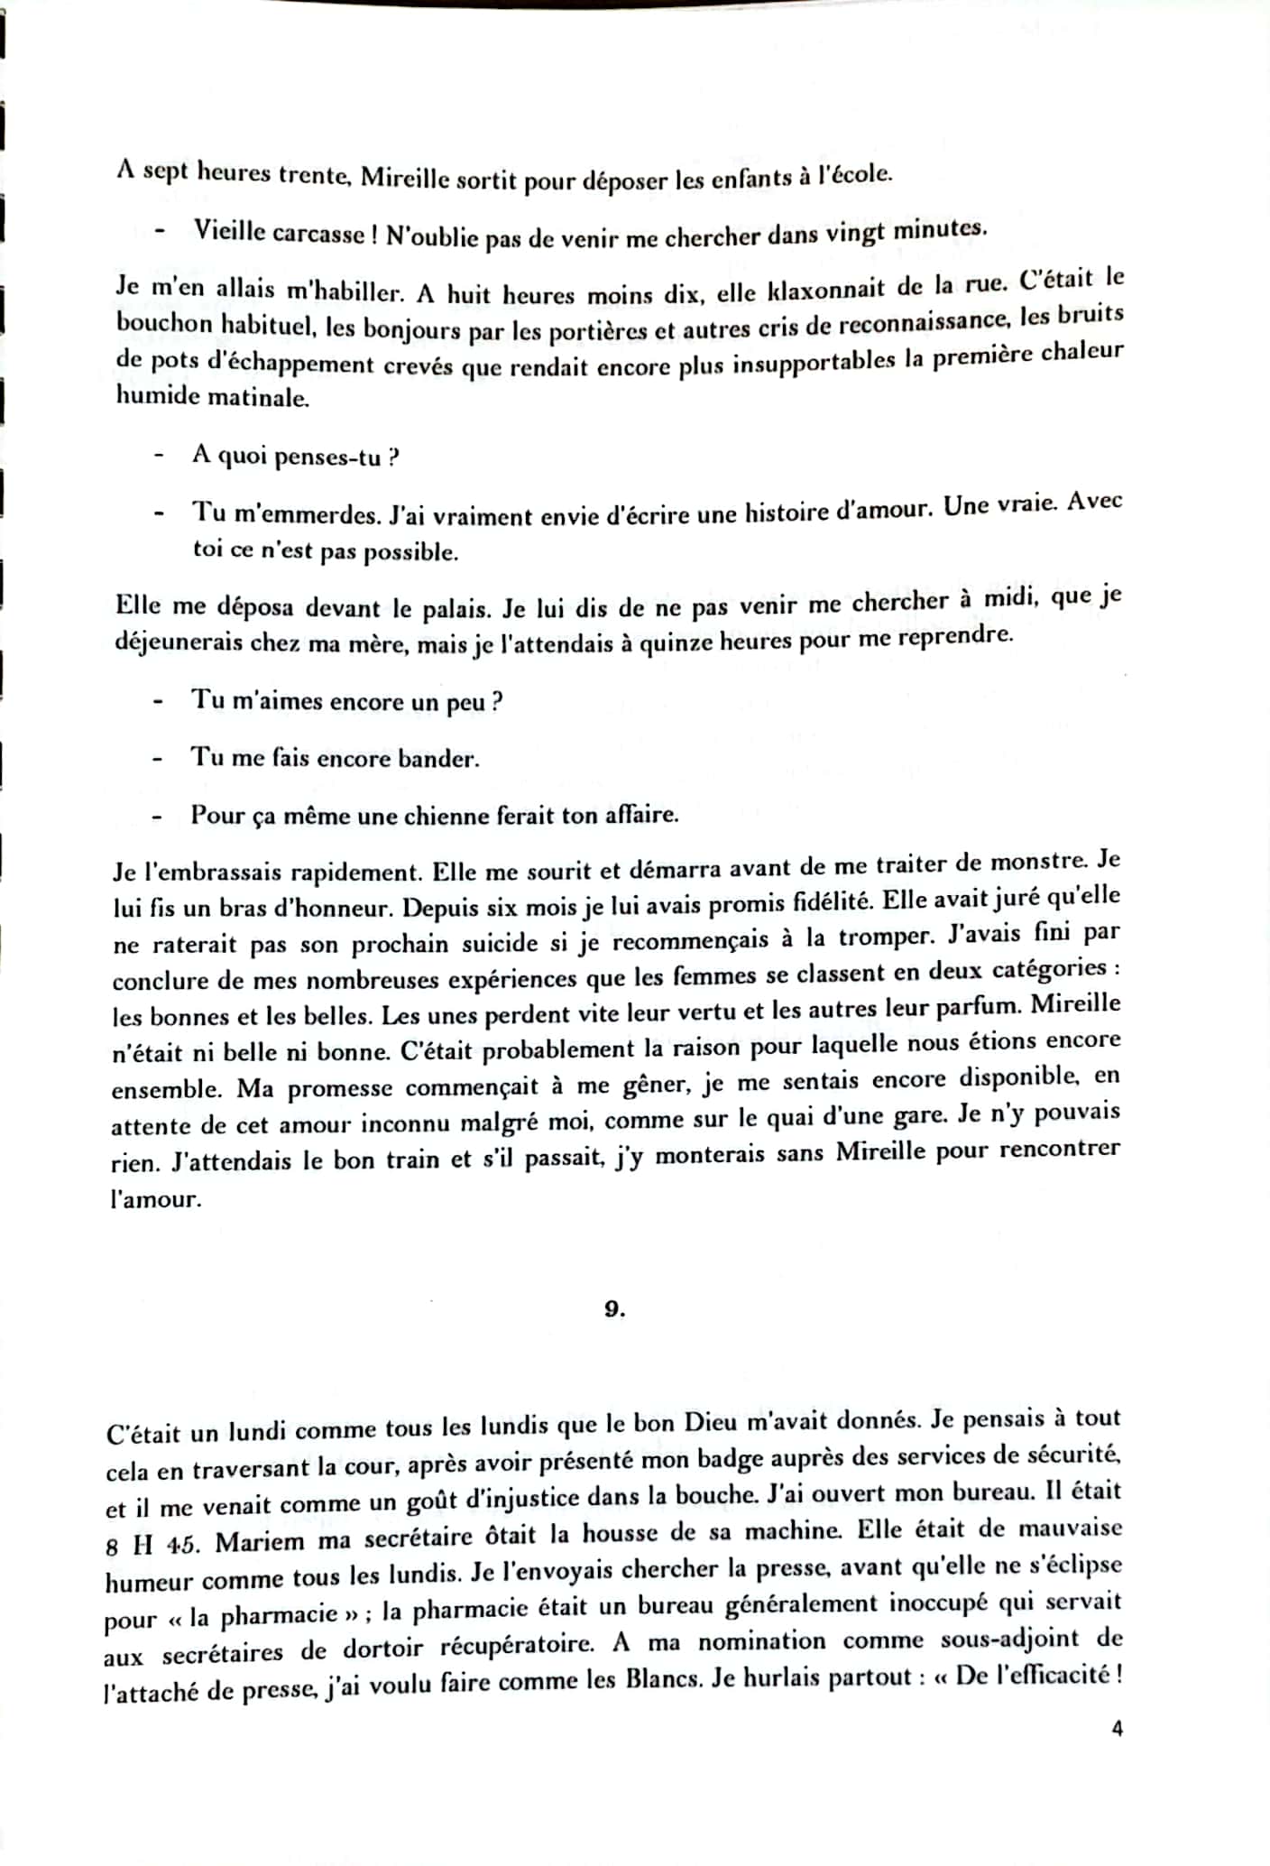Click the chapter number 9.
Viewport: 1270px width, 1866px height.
(614, 1309)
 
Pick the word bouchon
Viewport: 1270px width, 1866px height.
(163, 325)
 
